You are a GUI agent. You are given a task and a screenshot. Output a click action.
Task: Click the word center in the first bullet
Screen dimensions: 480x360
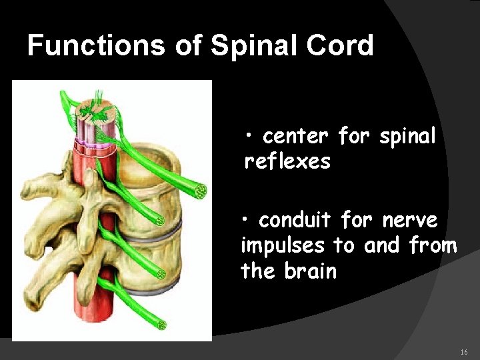click(296, 137)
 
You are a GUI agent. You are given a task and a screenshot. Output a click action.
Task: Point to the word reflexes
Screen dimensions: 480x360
click(288, 161)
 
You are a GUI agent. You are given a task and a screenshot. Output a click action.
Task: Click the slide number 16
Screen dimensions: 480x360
click(464, 351)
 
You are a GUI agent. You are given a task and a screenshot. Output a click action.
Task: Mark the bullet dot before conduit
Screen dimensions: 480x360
click(246, 220)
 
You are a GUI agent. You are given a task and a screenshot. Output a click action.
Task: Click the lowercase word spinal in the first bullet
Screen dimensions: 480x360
click(407, 137)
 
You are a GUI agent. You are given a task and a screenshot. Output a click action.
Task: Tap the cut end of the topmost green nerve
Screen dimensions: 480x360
click(199, 191)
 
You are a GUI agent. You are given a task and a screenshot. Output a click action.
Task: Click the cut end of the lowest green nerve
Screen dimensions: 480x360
click(161, 325)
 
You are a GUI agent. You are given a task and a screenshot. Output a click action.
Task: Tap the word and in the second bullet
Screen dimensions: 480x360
click(381, 245)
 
